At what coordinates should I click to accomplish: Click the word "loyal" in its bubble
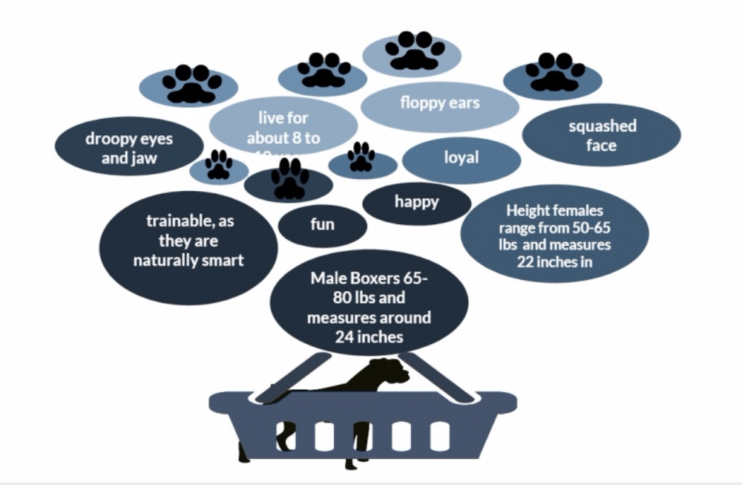461,157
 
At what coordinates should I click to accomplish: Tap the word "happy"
416,201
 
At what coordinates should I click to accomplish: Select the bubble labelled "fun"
322,224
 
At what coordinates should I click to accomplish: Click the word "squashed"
603,126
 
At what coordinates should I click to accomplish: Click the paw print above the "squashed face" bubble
554,72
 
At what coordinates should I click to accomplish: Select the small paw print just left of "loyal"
361,157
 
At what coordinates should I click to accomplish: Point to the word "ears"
464,102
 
